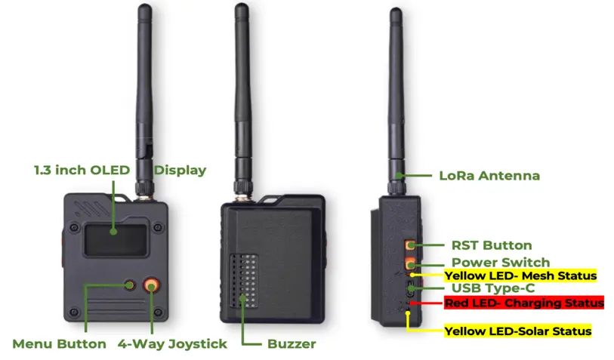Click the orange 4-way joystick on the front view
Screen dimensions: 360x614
point(153,285)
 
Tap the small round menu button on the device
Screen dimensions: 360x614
point(130,285)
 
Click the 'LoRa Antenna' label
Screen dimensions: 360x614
point(489,176)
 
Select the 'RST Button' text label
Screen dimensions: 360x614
point(492,245)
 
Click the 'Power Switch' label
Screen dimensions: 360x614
point(500,263)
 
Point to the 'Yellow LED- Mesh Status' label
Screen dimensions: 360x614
point(520,275)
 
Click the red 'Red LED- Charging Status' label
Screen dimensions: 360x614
point(523,303)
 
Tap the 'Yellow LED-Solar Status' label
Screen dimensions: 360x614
point(517,331)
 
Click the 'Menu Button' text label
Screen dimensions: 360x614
point(59,344)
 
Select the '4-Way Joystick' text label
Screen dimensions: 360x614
point(172,344)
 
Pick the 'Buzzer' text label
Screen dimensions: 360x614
point(292,344)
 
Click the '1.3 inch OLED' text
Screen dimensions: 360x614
point(82,170)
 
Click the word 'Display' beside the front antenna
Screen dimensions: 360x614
point(180,170)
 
